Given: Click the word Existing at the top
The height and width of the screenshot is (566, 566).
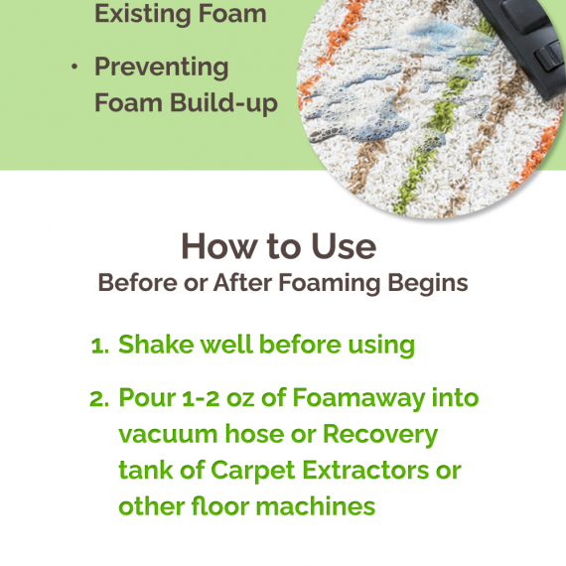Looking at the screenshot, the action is [143, 15].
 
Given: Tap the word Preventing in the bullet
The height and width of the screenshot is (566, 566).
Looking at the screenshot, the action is [161, 68].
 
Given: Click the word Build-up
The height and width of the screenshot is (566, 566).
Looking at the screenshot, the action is [223, 102].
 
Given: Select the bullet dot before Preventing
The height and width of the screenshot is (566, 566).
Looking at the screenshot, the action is [74, 67].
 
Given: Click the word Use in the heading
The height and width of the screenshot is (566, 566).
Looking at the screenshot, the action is [344, 246].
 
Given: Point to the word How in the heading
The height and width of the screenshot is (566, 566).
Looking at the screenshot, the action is [219, 246].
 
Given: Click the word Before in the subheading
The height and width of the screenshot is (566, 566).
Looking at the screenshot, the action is [138, 282].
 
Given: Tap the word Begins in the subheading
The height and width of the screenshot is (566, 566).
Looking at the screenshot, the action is [428, 283].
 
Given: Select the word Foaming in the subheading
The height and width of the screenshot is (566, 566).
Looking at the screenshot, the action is [330, 284].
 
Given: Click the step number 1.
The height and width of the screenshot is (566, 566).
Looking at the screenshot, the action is [98, 347].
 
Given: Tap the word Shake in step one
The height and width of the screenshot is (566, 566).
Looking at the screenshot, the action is [156, 345].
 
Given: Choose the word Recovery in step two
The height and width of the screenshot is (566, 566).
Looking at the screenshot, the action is [380, 435].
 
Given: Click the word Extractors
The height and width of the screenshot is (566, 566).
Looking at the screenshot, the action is [365, 470].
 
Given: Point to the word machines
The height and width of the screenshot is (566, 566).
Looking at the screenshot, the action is [316, 506].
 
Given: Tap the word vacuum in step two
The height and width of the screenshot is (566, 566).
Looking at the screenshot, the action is [168, 435].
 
